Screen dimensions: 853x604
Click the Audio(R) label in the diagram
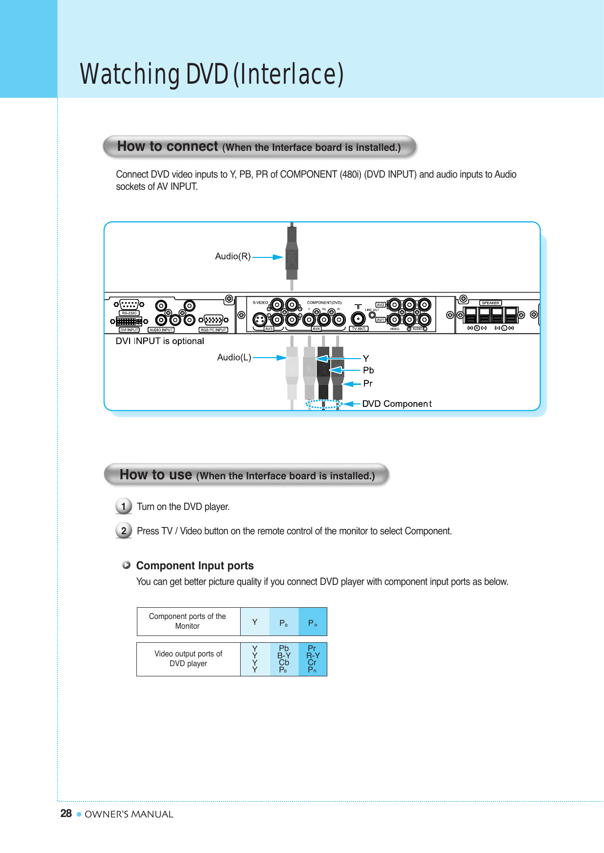[233, 256]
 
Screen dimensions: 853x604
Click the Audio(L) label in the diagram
[234, 358]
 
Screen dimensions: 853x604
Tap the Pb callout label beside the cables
[368, 370]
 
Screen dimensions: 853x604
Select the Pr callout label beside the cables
[368, 383]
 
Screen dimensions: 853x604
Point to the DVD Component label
[396, 404]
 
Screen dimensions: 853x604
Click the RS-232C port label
[130, 313]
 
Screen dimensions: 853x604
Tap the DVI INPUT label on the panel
[130, 330]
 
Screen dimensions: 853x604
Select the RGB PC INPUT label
[213, 330]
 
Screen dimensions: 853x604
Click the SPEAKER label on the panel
[490, 303]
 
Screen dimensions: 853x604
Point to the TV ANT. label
[359, 329]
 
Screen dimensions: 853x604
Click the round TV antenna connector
[359, 319]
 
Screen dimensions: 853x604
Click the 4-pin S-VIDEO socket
[261, 320]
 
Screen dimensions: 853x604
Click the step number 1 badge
[124, 507]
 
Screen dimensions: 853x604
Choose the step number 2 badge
[124, 530]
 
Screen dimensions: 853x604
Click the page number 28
[66, 814]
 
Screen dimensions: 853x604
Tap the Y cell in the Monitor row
[255, 622]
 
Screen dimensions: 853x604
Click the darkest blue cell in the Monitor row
[312, 622]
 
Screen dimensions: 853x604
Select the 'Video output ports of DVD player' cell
[189, 659]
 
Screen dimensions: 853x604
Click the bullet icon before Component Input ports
[127, 565]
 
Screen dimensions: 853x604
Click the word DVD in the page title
[207, 74]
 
